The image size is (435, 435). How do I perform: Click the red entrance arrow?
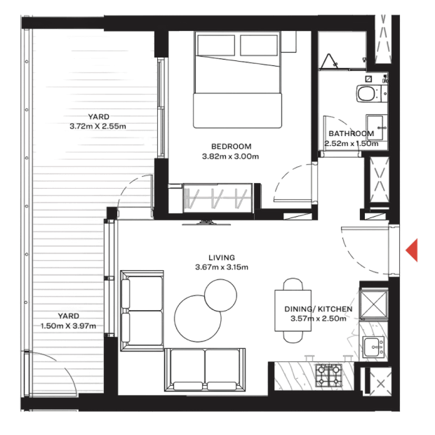[x=413, y=250]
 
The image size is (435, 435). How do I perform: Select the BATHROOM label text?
[x=351, y=133]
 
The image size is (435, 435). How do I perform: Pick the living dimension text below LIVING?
[x=221, y=267]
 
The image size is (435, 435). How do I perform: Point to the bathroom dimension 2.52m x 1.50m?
[x=351, y=143]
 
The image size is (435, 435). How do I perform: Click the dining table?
[x=293, y=309]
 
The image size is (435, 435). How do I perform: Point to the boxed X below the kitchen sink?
[x=380, y=384]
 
